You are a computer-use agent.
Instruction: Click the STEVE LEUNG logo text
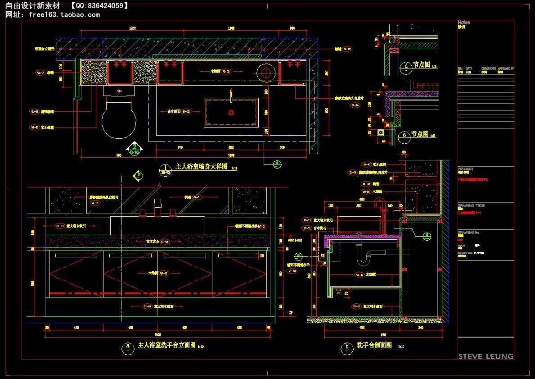tap(486, 356)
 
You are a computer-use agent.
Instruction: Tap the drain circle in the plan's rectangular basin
tap(231, 111)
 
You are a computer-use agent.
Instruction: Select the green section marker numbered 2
tap(134, 147)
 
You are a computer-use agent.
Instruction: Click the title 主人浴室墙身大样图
tap(201, 167)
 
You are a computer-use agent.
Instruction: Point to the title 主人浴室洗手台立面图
tap(167, 345)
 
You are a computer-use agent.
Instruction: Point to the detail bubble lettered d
tap(405, 65)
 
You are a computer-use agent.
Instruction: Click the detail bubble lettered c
tap(405, 134)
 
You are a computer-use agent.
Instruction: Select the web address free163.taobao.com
tap(64, 14)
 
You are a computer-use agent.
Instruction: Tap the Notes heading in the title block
tap(464, 22)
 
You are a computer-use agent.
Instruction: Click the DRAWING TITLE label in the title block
tap(471, 205)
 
